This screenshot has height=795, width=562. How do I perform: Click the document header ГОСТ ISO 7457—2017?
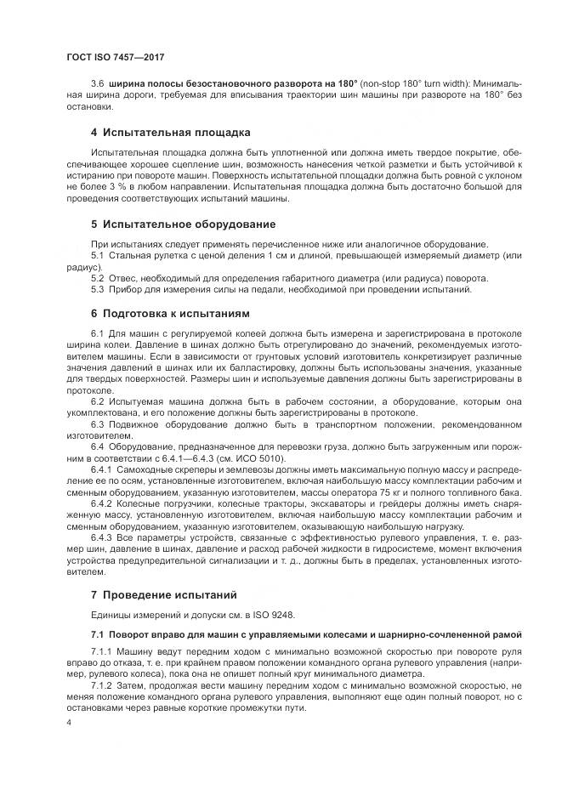115,57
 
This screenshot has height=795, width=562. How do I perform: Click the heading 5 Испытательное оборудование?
183,224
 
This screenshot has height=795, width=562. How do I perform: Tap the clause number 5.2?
97,278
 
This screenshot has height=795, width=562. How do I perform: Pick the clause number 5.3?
97,290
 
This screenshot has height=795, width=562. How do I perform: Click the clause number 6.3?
97,423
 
